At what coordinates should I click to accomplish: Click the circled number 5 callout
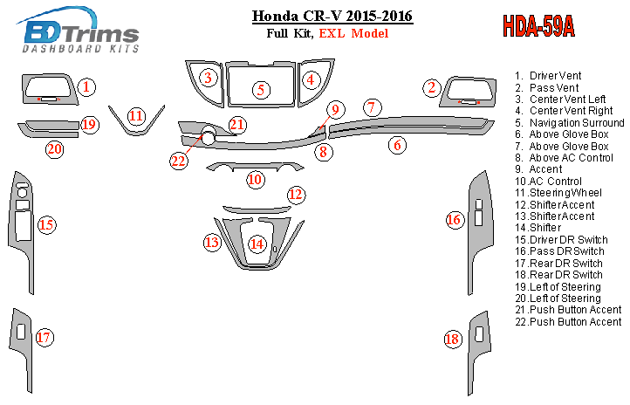point(259,89)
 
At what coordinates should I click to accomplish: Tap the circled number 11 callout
point(136,116)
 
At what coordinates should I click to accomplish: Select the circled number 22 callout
point(179,160)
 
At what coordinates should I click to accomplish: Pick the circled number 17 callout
point(45,337)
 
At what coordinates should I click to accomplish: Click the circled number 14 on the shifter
point(257,244)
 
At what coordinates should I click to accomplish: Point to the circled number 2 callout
point(431,87)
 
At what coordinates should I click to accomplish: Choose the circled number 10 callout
point(255,180)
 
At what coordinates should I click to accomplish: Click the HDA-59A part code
point(538,26)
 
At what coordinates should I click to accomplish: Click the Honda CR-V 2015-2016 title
point(332,17)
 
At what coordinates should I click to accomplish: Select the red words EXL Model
point(354,34)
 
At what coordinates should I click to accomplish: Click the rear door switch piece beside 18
point(479,337)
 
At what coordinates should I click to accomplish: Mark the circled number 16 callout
point(454,220)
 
